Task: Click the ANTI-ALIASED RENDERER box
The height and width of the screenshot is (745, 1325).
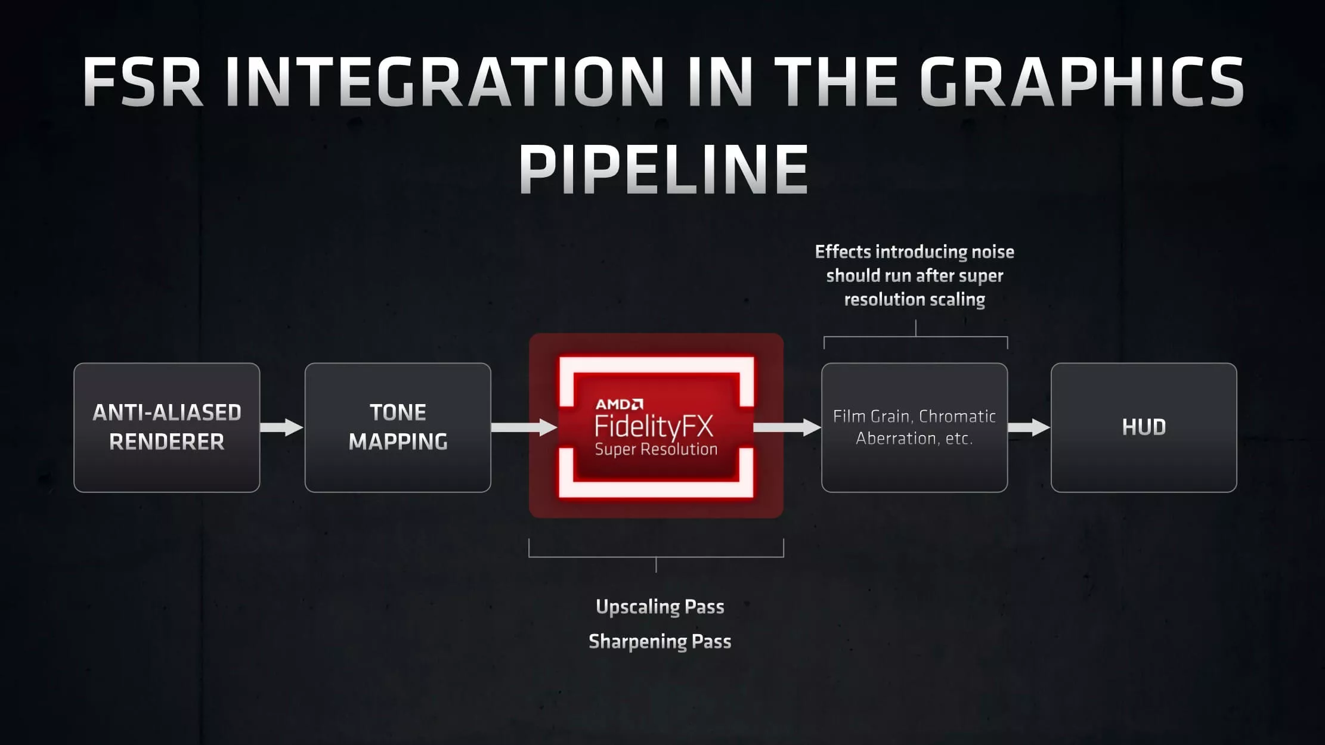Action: [x=167, y=427]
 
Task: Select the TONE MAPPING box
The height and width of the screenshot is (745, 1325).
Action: [x=398, y=427]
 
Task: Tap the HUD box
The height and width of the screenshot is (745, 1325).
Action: [x=1144, y=427]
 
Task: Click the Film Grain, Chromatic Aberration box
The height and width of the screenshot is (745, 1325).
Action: [x=914, y=427]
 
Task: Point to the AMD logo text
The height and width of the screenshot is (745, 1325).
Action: [x=619, y=405]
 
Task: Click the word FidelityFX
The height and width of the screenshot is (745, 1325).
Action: [x=654, y=426]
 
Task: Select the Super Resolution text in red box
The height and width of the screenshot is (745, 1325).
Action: [x=656, y=449]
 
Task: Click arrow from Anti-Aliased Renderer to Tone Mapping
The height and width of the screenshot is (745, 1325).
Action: [x=282, y=427]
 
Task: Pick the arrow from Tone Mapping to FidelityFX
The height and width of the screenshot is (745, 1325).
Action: [x=524, y=427]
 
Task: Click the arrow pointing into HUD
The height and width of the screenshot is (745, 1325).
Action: [x=1029, y=427]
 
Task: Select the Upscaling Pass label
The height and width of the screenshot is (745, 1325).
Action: [x=660, y=607]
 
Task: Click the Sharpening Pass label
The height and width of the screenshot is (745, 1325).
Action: [x=660, y=641]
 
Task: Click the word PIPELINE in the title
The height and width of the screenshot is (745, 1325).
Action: [x=663, y=169]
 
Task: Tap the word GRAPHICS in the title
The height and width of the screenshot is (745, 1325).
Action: [x=1081, y=82]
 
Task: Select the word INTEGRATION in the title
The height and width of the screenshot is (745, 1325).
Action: [x=444, y=82]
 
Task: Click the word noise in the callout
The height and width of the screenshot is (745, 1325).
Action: [x=992, y=252]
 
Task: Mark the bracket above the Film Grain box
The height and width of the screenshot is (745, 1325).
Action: [x=915, y=338]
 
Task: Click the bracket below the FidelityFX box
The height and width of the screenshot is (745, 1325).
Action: [x=656, y=556]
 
